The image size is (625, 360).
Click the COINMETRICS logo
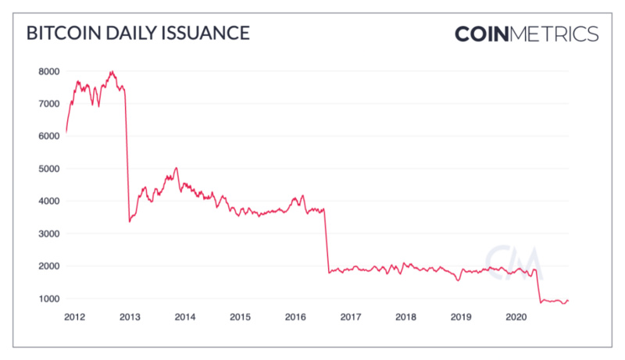(x=527, y=34)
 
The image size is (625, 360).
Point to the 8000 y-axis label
(x=48, y=71)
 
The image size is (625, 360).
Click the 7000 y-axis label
(x=48, y=104)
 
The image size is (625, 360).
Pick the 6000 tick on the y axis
(x=48, y=136)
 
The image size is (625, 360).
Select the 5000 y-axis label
(x=48, y=169)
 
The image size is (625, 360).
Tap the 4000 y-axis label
(x=48, y=201)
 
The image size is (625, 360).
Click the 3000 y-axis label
(x=48, y=233)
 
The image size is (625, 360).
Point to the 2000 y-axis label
(x=48, y=266)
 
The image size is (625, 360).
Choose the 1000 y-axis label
(x=48, y=299)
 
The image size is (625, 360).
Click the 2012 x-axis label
(x=74, y=317)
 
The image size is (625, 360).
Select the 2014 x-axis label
(x=184, y=317)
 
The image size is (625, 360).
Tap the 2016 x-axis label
(x=295, y=317)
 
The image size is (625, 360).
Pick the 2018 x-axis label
(x=405, y=317)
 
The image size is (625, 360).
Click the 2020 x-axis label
(x=516, y=317)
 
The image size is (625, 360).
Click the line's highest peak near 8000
(x=112, y=72)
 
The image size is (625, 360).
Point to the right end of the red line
(x=568, y=300)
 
